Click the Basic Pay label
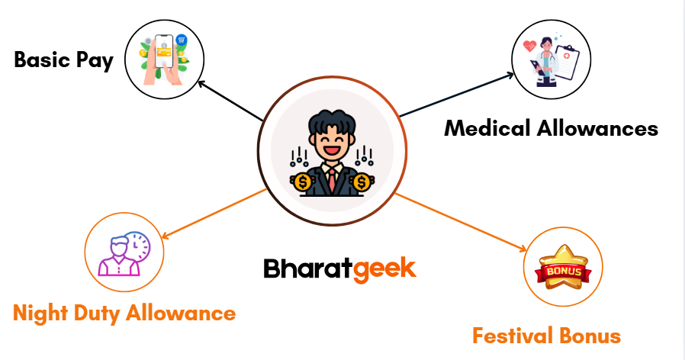[x=64, y=60]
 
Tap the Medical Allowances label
[x=551, y=128]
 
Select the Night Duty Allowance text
[x=124, y=313]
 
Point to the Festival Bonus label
[x=546, y=336]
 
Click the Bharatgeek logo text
[x=339, y=268]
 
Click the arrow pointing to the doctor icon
[x=458, y=95]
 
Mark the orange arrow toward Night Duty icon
[x=214, y=213]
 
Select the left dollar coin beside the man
[x=303, y=182]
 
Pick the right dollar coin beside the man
[x=362, y=182]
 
